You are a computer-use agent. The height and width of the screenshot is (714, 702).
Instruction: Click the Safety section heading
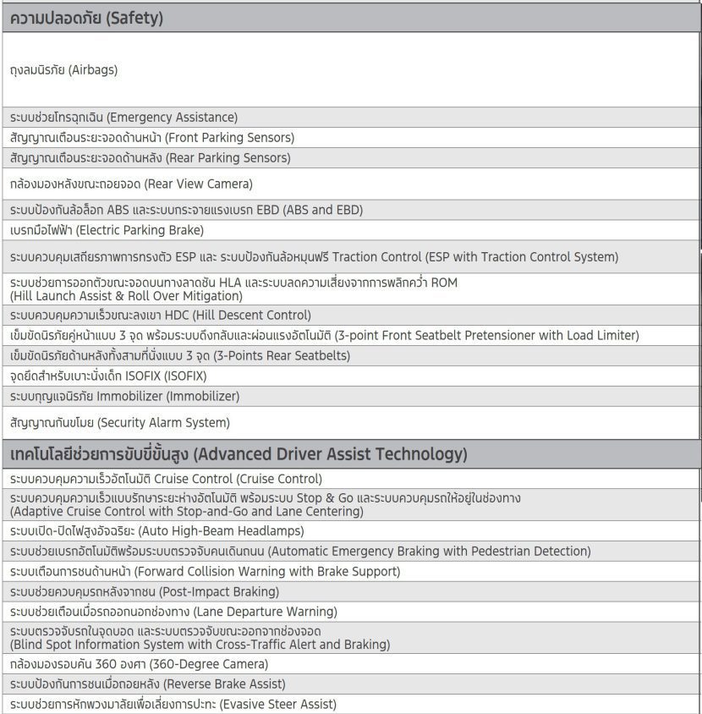(x=87, y=18)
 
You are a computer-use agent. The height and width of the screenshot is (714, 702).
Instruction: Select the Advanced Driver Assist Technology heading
(x=239, y=454)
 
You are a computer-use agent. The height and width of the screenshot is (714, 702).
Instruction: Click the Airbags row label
(x=64, y=70)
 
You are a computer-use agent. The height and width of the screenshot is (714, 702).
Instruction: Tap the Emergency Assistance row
(x=124, y=118)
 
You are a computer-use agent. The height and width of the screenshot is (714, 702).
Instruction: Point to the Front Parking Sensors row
(x=152, y=138)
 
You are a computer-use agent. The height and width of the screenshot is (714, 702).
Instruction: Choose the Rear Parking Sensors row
(x=150, y=158)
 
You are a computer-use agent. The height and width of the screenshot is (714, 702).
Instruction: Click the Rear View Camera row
(x=131, y=184)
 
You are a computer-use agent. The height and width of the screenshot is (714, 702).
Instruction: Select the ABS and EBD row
(x=186, y=210)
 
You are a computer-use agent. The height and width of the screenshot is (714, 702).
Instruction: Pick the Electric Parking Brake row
(x=107, y=230)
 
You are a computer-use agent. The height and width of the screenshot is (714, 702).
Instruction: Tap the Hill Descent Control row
(x=161, y=316)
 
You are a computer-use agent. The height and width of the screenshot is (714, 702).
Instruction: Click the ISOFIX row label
(x=108, y=376)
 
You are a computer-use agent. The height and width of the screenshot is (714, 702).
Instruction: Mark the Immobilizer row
(x=124, y=397)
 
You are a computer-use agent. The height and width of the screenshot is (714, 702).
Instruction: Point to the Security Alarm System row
(x=120, y=422)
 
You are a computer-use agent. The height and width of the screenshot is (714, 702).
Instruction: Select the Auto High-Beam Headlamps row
(x=156, y=531)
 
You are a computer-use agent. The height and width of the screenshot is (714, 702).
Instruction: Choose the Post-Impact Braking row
(x=144, y=592)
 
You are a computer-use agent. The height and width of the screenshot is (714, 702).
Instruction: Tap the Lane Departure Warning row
(x=173, y=612)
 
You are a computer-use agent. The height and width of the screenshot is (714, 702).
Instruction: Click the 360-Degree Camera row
(x=139, y=665)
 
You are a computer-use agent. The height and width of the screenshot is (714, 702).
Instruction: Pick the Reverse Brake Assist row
(x=148, y=684)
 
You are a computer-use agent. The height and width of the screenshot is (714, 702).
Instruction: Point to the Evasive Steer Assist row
(x=173, y=704)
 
